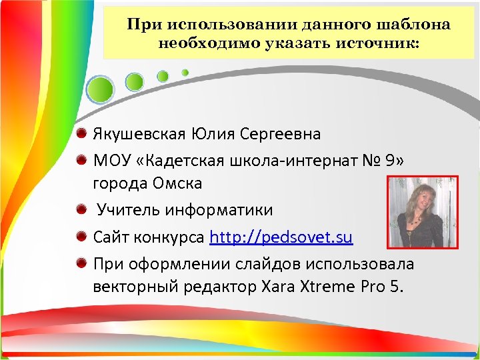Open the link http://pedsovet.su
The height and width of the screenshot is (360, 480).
(281, 238)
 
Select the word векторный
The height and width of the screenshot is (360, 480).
(136, 287)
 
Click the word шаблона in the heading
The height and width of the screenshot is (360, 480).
(415, 25)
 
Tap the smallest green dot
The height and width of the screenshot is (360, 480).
(185, 72)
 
